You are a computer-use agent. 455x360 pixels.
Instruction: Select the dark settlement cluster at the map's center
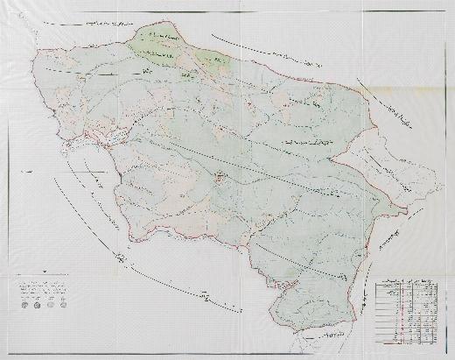220,179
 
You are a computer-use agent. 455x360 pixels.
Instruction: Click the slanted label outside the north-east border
385,114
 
